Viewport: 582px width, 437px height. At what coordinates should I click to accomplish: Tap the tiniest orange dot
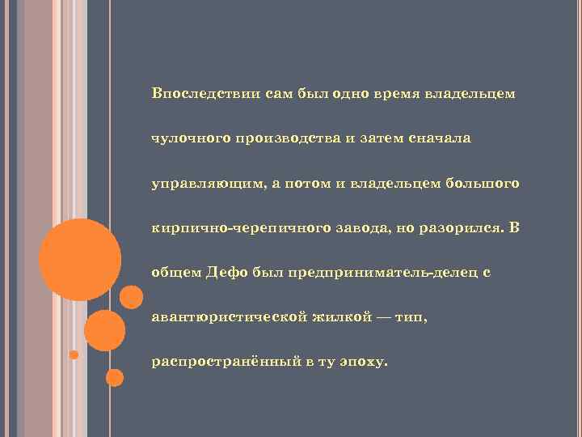[x=74, y=354]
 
